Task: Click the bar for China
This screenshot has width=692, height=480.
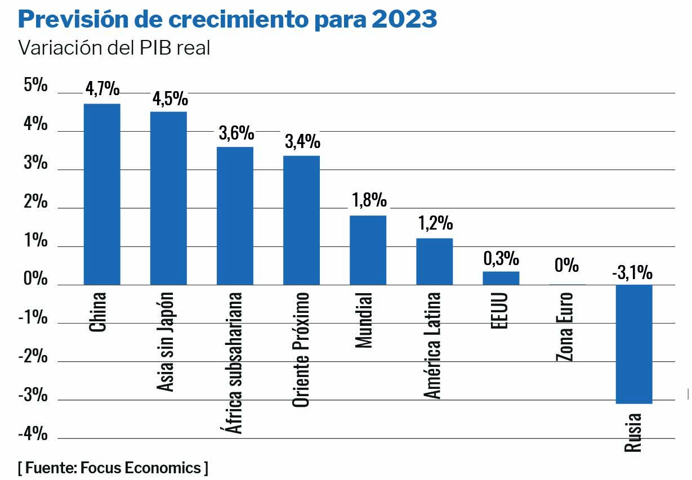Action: click(102, 194)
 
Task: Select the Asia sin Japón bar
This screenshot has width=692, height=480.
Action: click(168, 198)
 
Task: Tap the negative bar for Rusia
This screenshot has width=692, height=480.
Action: click(633, 344)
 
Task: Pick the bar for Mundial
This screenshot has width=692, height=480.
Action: click(368, 250)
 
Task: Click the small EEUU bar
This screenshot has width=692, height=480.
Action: click(501, 278)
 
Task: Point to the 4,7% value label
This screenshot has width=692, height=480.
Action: click(102, 89)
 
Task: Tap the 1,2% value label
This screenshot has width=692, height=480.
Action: click(435, 223)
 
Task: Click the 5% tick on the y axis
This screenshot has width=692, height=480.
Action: click(35, 86)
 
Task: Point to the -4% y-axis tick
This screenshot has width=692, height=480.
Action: click(33, 434)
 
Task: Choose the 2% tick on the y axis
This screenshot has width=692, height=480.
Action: click(35, 201)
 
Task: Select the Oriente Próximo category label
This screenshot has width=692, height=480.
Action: click(301, 349)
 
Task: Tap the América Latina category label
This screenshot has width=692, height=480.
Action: click(432, 345)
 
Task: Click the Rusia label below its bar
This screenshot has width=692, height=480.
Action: click(633, 432)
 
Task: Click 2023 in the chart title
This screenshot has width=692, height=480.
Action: click(404, 20)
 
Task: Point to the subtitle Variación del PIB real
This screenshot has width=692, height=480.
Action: click(115, 48)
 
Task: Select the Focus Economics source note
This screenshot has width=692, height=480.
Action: click(113, 467)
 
